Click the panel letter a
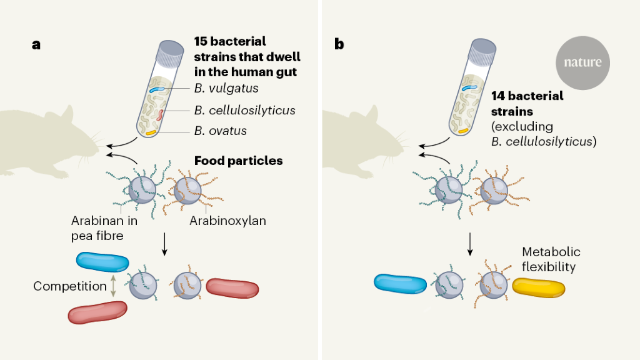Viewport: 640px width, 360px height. [36, 44]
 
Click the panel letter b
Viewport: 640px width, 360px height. [339, 44]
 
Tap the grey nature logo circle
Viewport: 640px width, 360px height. [582, 62]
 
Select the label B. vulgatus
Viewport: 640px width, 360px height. [226, 89]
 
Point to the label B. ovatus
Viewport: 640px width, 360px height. [220, 131]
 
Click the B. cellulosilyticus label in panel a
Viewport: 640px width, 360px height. [244, 111]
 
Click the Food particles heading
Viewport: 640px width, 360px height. [238, 161]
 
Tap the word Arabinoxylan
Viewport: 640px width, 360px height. [229, 221]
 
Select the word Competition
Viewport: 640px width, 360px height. [70, 286]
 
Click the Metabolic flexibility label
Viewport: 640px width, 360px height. [551, 259]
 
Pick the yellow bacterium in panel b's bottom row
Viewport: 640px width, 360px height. [538, 287]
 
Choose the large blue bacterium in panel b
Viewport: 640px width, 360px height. [400, 283]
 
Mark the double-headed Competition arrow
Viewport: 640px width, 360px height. [113, 286]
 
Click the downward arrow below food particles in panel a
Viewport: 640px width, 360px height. [164, 243]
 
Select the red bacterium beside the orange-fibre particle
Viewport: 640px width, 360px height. [232, 288]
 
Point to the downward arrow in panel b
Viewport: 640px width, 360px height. [470, 244]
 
